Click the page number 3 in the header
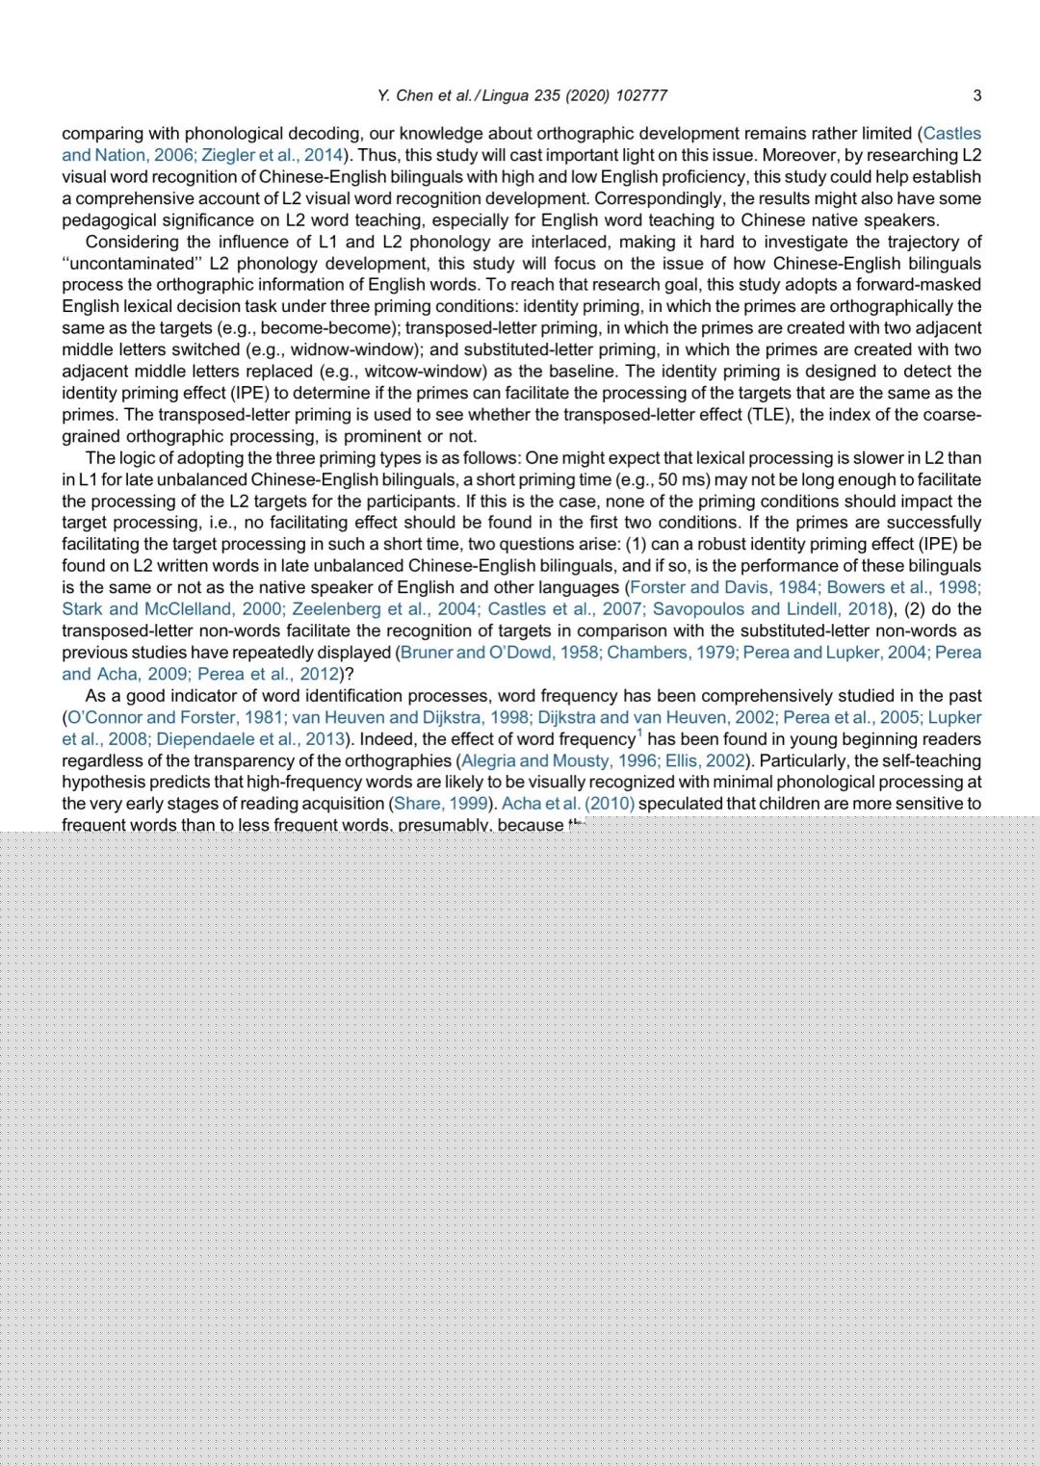point(976,95)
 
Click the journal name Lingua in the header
point(506,95)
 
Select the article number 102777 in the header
point(640,95)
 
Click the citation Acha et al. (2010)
point(567,804)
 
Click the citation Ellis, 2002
point(705,760)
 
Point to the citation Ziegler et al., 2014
point(273,155)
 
